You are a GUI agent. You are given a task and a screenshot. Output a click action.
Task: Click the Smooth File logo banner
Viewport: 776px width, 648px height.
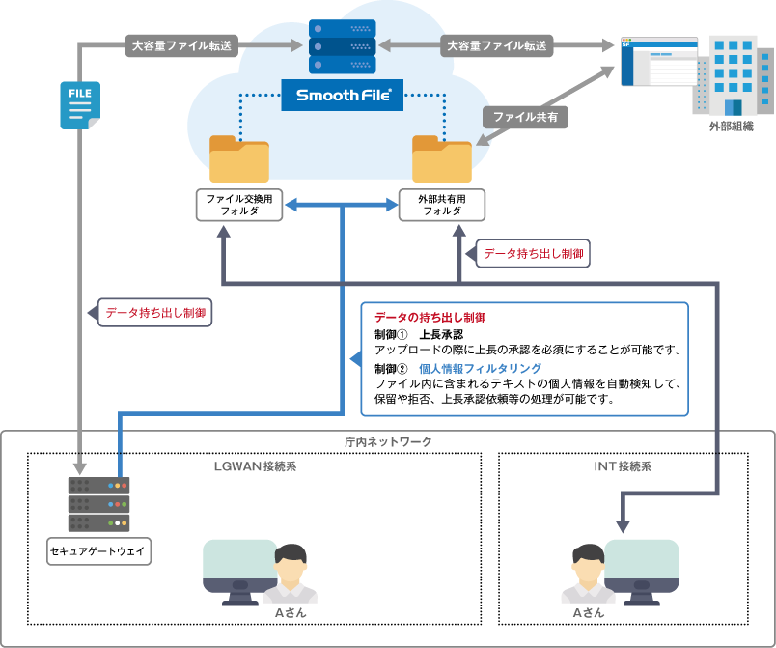(343, 96)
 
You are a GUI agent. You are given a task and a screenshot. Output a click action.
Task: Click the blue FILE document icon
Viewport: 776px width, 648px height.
(79, 105)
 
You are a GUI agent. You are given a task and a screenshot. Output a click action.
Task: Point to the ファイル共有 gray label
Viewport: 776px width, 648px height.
(524, 117)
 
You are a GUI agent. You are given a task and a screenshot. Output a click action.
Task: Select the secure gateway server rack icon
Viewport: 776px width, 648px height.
(98, 503)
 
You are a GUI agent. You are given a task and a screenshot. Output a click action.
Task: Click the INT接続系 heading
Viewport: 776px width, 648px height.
(623, 465)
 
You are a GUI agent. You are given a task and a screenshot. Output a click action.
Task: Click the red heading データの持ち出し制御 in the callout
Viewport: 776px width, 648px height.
(430, 318)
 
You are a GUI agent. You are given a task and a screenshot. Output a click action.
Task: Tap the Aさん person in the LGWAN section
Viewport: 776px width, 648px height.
(289, 576)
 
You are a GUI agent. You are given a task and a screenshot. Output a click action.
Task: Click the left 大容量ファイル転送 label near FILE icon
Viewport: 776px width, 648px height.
(182, 44)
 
